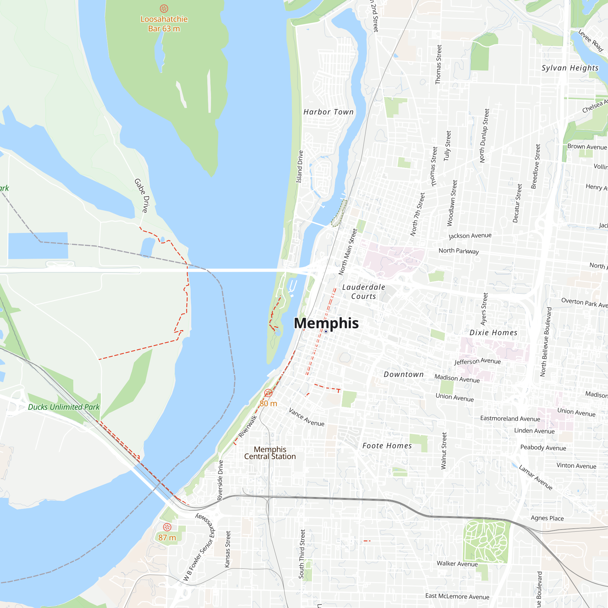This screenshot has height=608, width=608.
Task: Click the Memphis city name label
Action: click(x=326, y=323)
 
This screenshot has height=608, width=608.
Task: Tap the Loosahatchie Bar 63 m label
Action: click(x=164, y=24)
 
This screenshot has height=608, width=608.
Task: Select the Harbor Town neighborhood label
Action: click(x=328, y=112)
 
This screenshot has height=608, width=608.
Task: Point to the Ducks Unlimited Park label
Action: click(x=64, y=407)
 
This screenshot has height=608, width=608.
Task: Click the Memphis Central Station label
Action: click(x=270, y=453)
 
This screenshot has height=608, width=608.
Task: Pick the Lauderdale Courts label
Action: click(x=364, y=292)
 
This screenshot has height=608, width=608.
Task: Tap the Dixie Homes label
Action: click(x=493, y=333)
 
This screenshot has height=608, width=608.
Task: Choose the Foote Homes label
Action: click(x=387, y=446)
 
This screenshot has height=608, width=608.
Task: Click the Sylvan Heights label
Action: click(x=570, y=68)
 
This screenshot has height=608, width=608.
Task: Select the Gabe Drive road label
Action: click(x=141, y=195)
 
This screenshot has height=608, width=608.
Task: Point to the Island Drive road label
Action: click(x=300, y=167)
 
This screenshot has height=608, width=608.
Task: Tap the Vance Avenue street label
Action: click(x=306, y=417)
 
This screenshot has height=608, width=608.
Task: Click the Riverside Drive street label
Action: click(x=220, y=480)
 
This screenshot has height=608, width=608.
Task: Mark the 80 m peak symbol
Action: click(x=268, y=393)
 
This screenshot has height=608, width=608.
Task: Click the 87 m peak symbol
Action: click(x=167, y=527)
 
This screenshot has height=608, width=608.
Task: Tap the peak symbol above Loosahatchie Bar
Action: click(x=164, y=9)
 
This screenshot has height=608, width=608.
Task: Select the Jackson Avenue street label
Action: click(x=470, y=236)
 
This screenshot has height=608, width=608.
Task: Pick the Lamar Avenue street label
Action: click(x=536, y=477)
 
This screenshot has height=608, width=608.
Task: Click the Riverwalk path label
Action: click(x=248, y=427)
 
